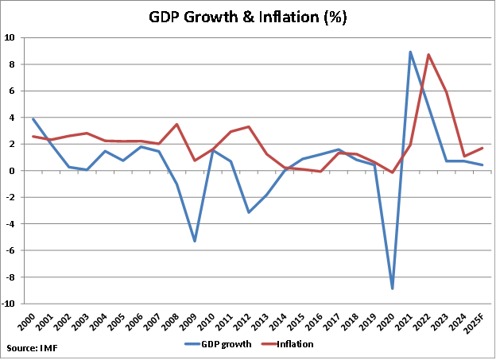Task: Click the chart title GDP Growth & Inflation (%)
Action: point(247,17)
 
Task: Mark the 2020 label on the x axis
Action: point(390,319)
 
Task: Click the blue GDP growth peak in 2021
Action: point(410,52)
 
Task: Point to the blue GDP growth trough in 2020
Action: point(392,288)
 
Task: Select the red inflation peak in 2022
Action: point(428,55)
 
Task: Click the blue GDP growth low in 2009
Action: point(195,241)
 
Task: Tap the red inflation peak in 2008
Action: point(176,124)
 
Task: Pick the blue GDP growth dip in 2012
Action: point(249,212)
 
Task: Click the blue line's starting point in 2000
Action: point(33,118)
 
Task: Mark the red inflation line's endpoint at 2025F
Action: point(482,148)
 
